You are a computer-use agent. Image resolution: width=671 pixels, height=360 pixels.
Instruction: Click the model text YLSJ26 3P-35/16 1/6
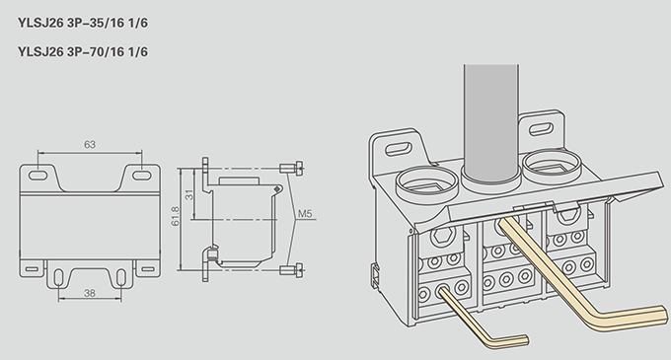click(83, 23)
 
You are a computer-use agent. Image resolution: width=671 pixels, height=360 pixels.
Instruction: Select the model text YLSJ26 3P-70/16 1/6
click(83, 51)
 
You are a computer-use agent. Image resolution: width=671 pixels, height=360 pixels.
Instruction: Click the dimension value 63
click(90, 145)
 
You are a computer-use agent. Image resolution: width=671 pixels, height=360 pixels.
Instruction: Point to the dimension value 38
click(90, 293)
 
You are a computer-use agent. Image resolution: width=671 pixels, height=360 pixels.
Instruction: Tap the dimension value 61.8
click(175, 216)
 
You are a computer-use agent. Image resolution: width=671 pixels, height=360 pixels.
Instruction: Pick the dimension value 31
click(189, 194)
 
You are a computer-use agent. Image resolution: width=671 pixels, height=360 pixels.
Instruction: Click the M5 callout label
click(305, 213)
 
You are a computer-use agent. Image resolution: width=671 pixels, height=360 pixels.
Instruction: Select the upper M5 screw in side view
click(291, 168)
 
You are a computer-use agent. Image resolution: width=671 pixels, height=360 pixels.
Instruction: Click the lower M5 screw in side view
click(291, 270)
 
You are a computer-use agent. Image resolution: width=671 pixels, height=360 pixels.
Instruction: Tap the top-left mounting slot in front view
click(37, 175)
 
